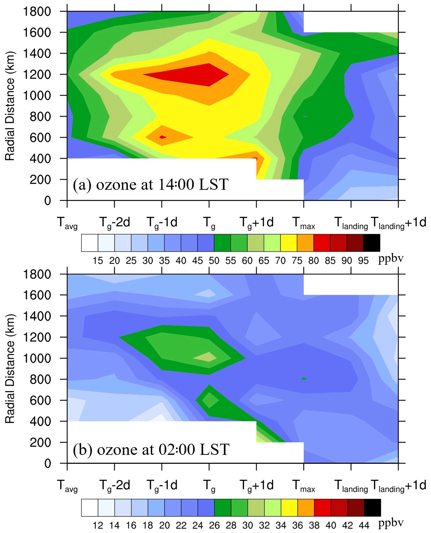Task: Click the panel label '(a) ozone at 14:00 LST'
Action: (151, 184)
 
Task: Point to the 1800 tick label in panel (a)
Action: (37, 11)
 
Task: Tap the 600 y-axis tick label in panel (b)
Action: (41, 400)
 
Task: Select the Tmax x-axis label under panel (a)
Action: (303, 223)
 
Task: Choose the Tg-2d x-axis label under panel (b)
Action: (115, 485)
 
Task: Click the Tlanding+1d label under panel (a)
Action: (398, 223)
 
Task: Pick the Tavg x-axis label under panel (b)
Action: (67, 486)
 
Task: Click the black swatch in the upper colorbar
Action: (372, 243)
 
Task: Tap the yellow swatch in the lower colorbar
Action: (289, 507)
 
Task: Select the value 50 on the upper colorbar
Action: (214, 261)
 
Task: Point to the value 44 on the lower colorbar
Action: (364, 525)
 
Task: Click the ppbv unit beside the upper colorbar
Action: (391, 259)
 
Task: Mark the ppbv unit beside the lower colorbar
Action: (391, 523)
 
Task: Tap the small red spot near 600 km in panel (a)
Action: (163, 137)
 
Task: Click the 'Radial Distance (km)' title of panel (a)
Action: (10, 106)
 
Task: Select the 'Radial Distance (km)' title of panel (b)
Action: (10, 369)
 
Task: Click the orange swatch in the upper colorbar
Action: (305, 243)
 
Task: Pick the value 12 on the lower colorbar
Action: (98, 525)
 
